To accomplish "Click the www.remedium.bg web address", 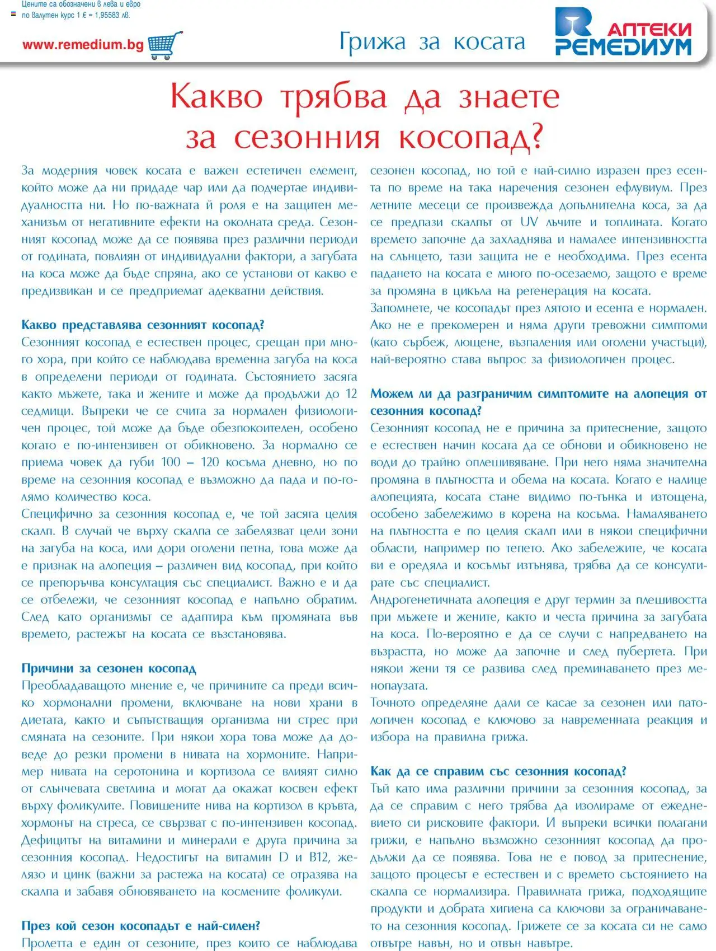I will [83, 45].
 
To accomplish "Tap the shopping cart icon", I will [166, 45].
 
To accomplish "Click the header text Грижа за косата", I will [432, 42].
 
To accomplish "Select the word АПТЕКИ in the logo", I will [649, 29].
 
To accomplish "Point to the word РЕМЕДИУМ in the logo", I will [623, 47].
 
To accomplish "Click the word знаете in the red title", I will [509, 96].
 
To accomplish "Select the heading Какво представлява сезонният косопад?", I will [143, 325].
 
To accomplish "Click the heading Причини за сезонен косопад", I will [109, 668].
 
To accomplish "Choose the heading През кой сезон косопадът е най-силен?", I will [140, 926].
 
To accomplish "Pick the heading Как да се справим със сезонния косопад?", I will [498, 771].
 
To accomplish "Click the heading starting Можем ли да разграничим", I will [538, 394].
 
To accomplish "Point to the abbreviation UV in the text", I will [529, 222].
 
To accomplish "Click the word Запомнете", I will [401, 308].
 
